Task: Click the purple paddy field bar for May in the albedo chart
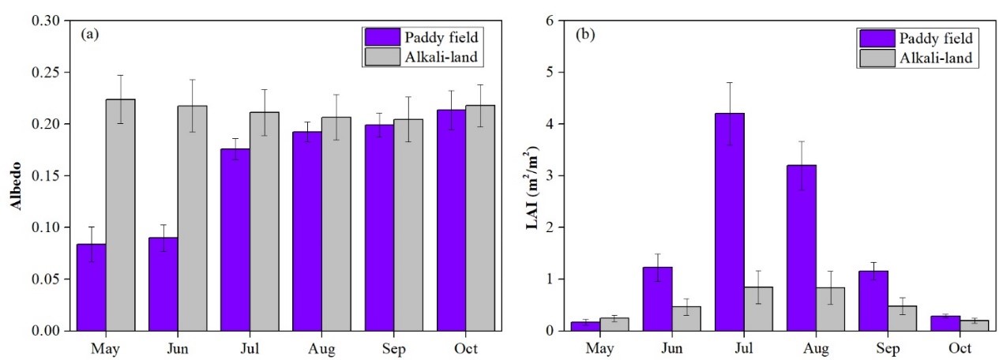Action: [91, 287]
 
